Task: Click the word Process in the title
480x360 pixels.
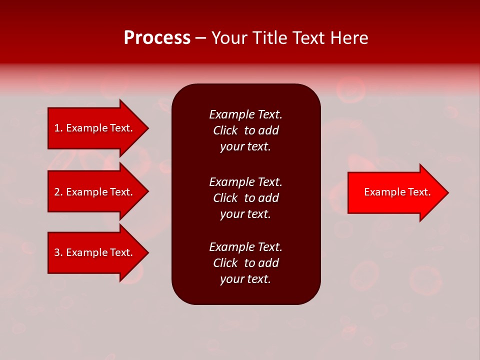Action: [157, 38]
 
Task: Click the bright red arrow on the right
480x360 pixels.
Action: [395, 192]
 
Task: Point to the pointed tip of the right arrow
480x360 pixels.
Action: [447, 192]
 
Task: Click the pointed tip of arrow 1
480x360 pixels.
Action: [147, 128]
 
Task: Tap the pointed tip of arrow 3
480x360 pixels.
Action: [147, 252]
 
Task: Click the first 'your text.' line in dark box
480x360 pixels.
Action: [245, 147]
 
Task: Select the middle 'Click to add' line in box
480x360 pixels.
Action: [245, 198]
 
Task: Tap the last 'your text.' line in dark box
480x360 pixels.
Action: [245, 279]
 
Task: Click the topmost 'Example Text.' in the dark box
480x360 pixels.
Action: [245, 114]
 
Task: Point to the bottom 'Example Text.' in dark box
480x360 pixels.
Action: [245, 247]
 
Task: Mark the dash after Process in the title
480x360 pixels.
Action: [201, 38]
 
